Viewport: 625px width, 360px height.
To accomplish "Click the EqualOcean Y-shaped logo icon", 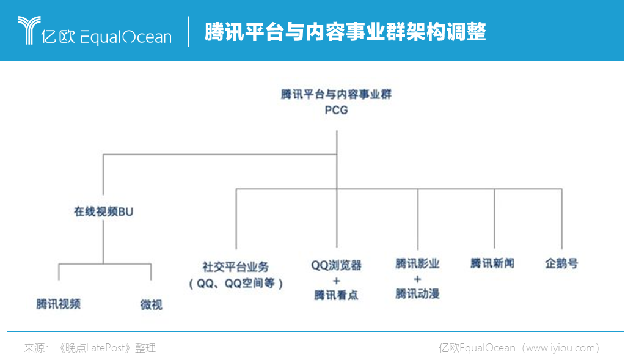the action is (x=29, y=30).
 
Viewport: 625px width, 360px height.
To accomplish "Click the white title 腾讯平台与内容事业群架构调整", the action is (x=345, y=32).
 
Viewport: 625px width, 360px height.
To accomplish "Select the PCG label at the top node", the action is (x=336, y=110).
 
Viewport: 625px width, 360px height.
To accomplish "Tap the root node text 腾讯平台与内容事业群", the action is (x=336, y=94).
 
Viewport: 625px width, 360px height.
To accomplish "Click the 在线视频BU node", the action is (x=103, y=211).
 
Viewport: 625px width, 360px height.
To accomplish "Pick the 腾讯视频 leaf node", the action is (x=59, y=304).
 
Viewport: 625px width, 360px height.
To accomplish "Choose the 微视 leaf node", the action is (x=151, y=305).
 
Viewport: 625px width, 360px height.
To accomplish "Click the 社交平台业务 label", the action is (x=236, y=266).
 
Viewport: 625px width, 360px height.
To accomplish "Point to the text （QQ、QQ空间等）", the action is (x=236, y=284).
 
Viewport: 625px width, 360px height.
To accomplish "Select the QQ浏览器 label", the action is (x=336, y=265).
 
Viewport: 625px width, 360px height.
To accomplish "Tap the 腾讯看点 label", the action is (x=336, y=295).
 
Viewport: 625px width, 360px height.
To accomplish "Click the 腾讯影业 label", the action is (x=417, y=263).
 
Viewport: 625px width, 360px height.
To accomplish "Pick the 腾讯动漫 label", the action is (x=417, y=294).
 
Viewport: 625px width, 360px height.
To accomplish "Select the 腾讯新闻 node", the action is (x=492, y=263).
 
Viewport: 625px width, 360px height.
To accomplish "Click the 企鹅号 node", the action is (x=561, y=263).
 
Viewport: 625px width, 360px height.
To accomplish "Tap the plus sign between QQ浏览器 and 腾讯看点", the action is (x=337, y=281).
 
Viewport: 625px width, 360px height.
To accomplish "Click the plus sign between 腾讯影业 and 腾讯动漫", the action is (x=417, y=279).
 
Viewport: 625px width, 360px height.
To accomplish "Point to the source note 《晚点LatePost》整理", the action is (x=107, y=348).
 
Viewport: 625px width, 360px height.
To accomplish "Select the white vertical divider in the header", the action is (x=188, y=32).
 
